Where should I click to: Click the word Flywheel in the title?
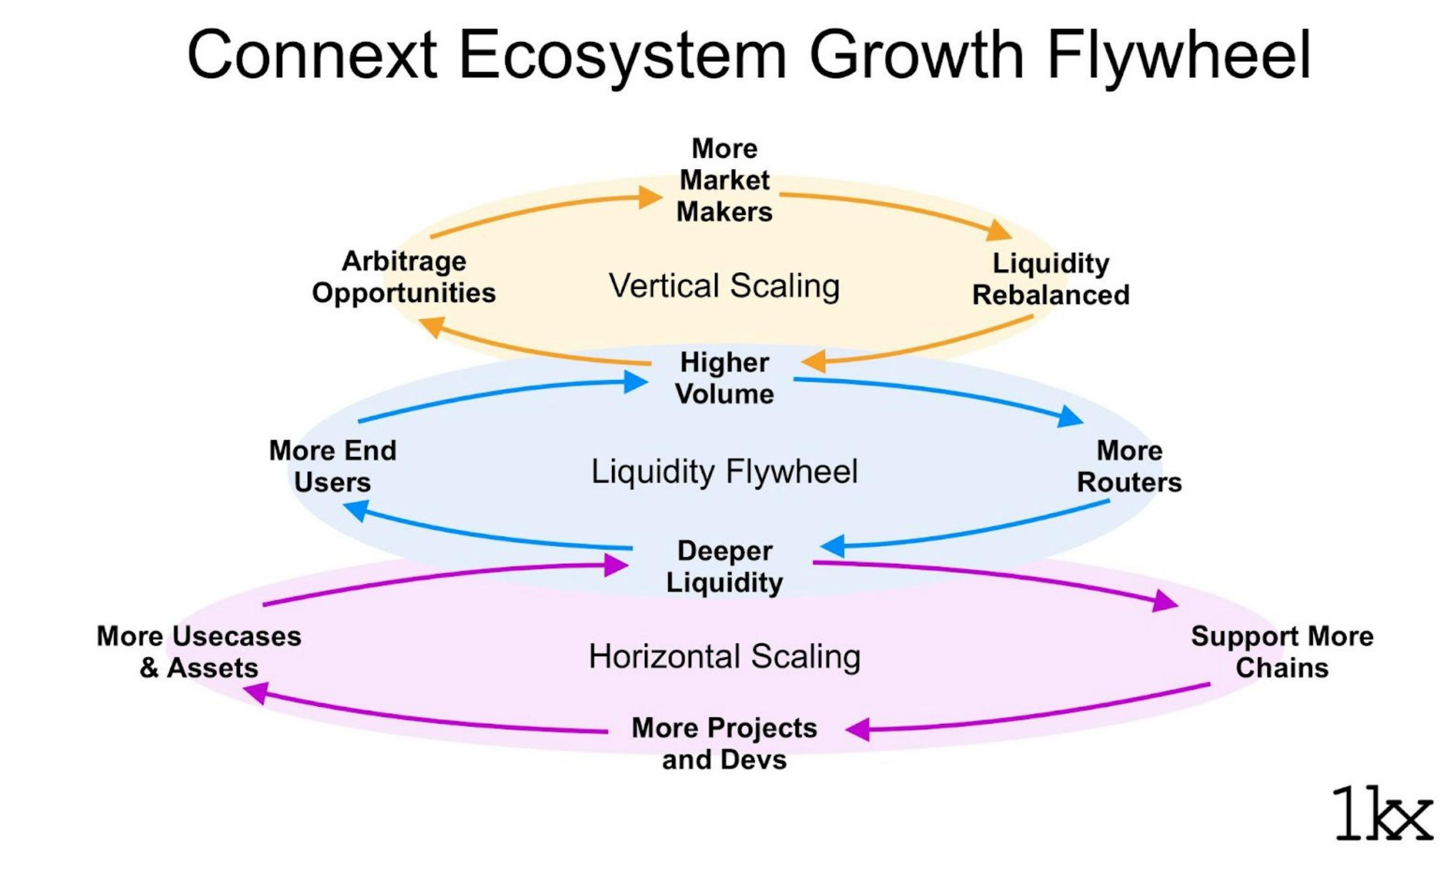[x=1179, y=55]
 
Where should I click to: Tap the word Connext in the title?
[x=312, y=55]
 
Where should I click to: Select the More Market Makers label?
[x=724, y=180]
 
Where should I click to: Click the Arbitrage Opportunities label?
[x=404, y=277]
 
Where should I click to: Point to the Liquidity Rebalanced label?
[x=1051, y=279]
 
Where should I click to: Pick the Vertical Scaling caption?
[x=724, y=286]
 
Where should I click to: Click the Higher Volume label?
[x=724, y=378]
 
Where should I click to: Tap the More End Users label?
[x=332, y=466]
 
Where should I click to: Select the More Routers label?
[x=1129, y=466]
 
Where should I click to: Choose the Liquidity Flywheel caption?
[x=724, y=471]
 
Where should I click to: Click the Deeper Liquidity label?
[x=724, y=566]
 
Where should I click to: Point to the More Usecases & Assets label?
[x=199, y=652]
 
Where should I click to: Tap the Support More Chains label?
[x=1282, y=652]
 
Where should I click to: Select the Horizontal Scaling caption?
[x=724, y=657]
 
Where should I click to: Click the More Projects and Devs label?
[x=724, y=744]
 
